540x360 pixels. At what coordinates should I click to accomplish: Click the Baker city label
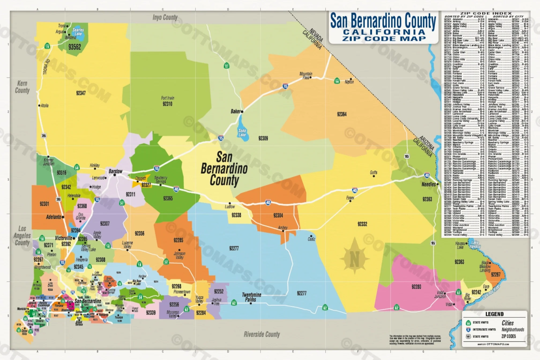[235, 111]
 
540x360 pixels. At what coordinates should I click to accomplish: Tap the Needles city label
[429, 184]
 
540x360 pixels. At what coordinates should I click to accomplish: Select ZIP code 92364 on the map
[341, 114]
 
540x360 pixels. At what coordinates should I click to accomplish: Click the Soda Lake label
[242, 133]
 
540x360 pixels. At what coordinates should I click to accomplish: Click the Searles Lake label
[78, 32]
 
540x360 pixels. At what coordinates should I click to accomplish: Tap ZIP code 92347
[81, 93]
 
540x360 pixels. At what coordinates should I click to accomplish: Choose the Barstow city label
[115, 171]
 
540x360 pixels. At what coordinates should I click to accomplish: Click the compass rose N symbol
[354, 259]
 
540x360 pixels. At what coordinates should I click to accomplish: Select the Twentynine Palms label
[251, 297]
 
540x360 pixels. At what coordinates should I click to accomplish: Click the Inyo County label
[165, 17]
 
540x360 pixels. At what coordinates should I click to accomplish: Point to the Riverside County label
[262, 334]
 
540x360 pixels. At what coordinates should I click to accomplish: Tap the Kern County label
[22, 87]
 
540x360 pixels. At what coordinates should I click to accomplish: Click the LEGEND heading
[494, 314]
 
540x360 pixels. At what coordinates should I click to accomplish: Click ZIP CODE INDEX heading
[486, 13]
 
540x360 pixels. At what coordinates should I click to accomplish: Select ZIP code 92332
[362, 224]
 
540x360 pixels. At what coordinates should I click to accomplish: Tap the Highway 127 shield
[226, 66]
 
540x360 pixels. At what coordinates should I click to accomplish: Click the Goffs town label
[373, 172]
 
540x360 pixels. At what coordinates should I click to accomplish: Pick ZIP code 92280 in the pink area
[416, 287]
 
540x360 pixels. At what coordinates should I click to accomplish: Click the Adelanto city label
[54, 217]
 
